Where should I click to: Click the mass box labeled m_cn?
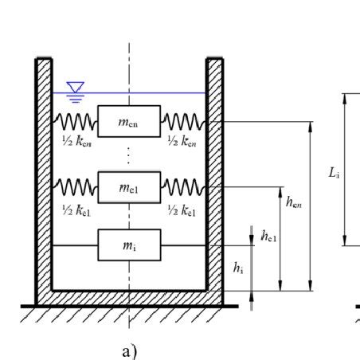[129, 121]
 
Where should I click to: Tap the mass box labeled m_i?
[129, 245]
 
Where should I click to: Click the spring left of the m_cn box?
[75, 121]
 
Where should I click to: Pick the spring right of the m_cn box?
[183, 121]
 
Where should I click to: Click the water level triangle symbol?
[75, 87]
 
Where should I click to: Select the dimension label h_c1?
[268, 236]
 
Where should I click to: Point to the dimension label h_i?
[238, 269]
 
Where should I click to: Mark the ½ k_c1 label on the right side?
[182, 211]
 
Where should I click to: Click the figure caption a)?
[129, 350]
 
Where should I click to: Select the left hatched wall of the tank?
[44, 175]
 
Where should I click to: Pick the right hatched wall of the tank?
[214, 175]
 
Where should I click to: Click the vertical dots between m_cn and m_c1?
[129, 154]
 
